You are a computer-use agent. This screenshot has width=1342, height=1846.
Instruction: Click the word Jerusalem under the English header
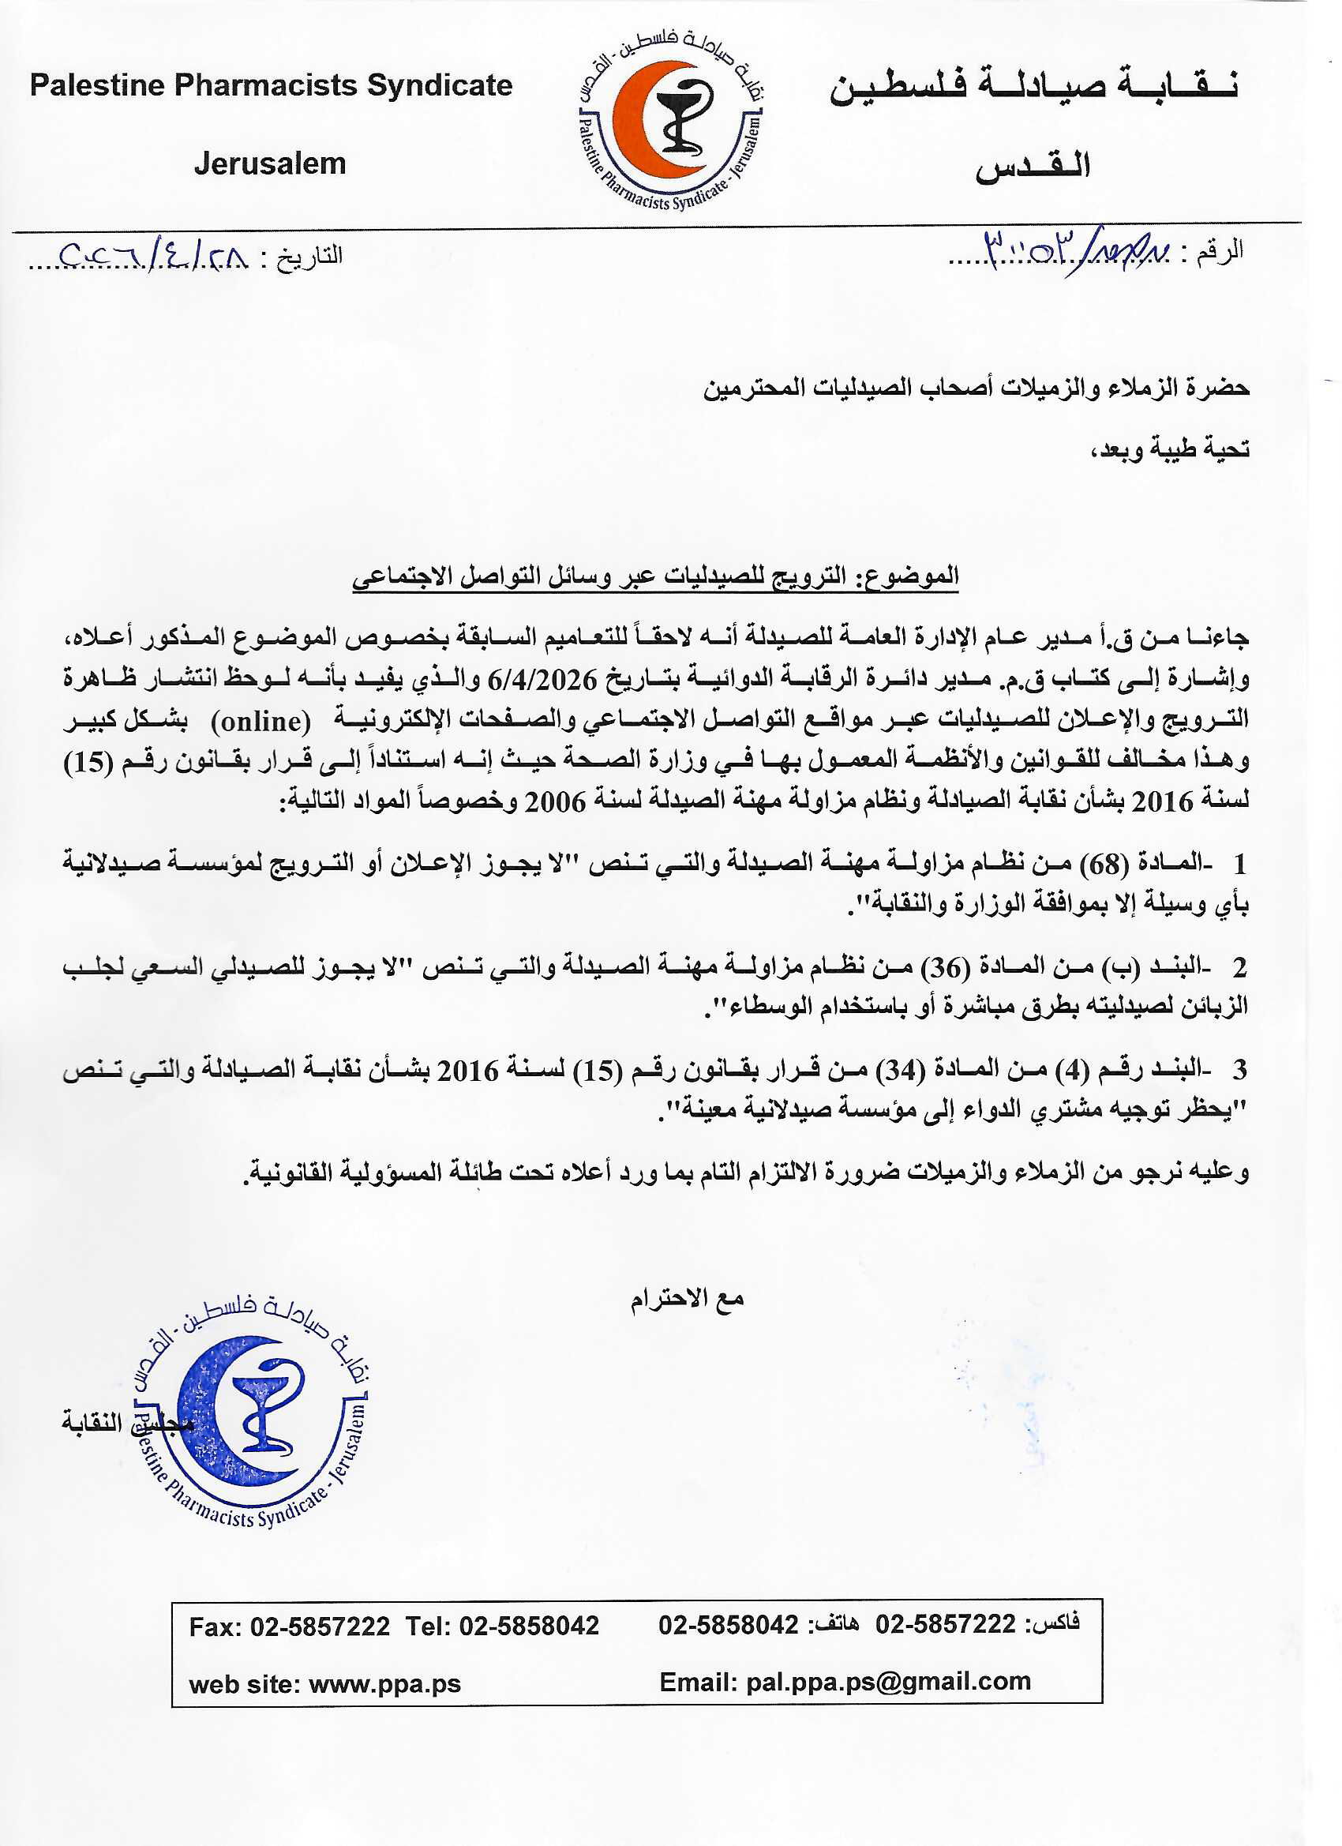[x=269, y=163]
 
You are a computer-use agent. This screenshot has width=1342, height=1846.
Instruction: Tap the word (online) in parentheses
[x=261, y=720]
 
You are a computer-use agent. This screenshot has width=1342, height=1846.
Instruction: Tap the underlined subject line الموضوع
[x=655, y=576]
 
